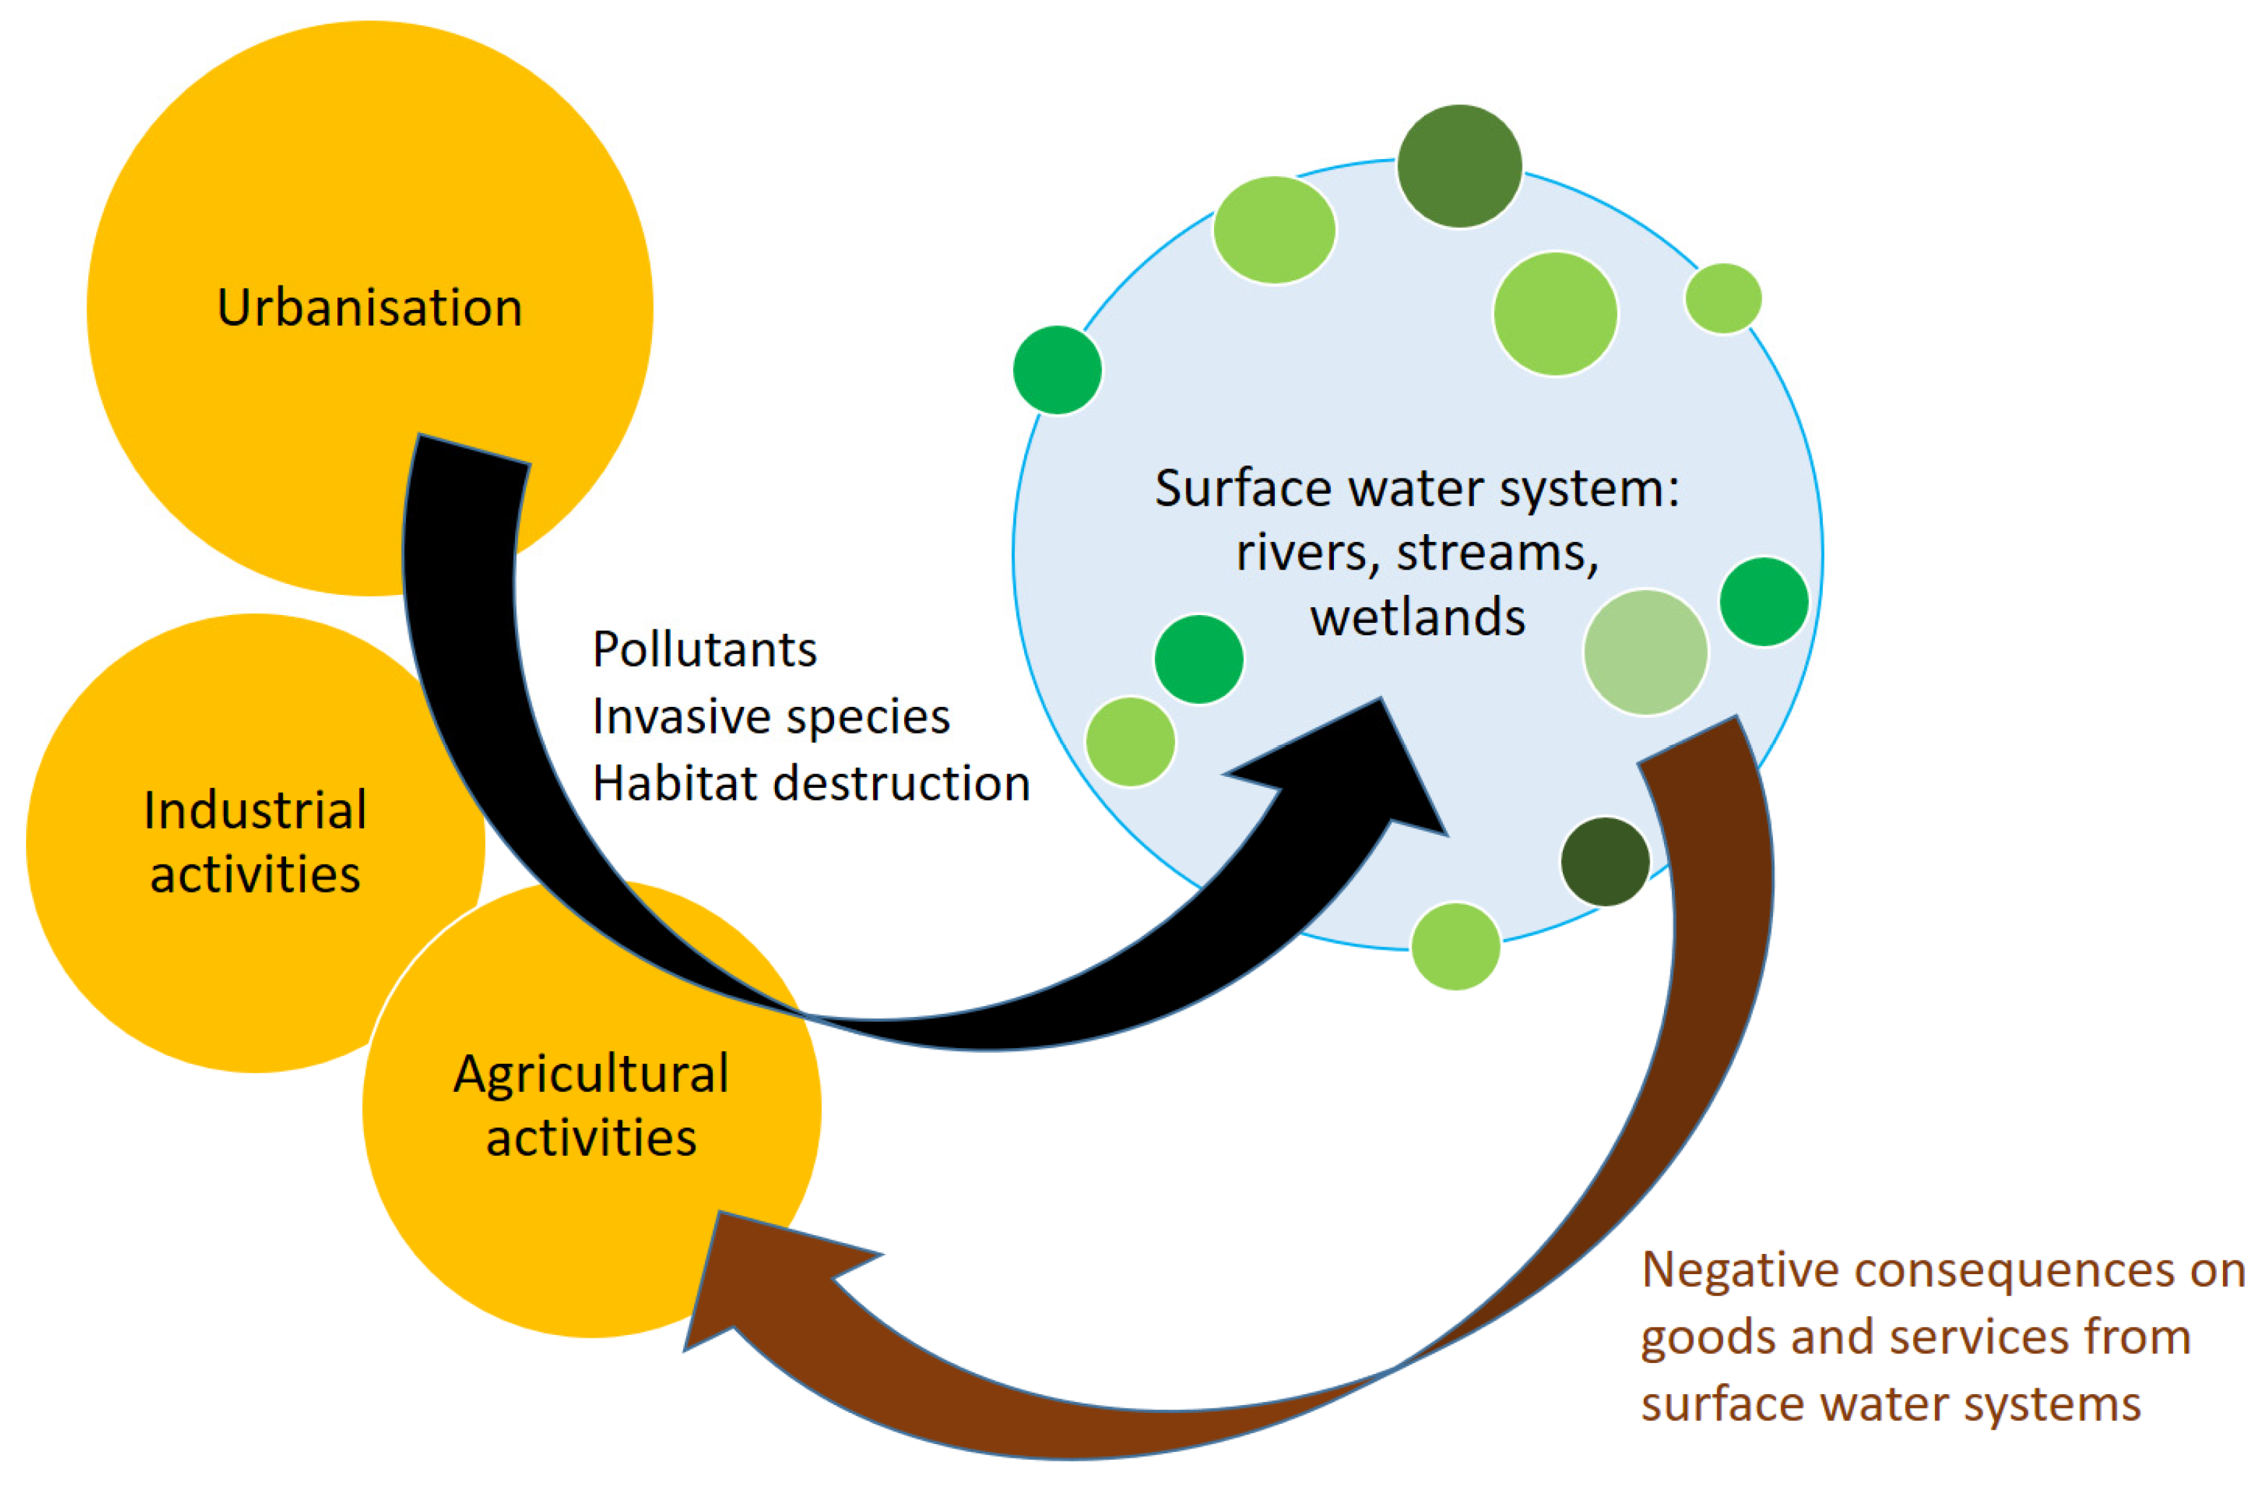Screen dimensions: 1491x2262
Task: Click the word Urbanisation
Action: pos(370,308)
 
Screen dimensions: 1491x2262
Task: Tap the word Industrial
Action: pos(255,811)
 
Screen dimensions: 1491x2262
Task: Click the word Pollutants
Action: pos(704,650)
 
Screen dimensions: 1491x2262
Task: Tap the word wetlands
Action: pos(1417,618)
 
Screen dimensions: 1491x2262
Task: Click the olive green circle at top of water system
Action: pos(1459,166)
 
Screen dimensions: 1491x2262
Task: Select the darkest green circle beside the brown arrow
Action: pos(1604,861)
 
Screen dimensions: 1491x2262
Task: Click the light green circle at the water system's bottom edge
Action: pos(1455,947)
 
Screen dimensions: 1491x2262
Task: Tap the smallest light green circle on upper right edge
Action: pos(1722,298)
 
